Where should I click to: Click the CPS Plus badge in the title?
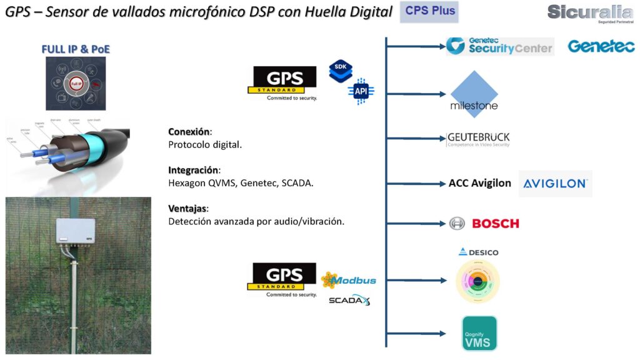pos(431,11)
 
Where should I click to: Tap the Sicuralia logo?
pos(589,12)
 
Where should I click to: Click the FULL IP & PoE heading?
pos(76,49)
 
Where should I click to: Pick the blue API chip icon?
pos(361,91)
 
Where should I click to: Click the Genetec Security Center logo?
pos(500,46)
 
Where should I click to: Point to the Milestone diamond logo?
pos(474,94)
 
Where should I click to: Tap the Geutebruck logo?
pos(479,139)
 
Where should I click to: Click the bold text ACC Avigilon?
pos(479,183)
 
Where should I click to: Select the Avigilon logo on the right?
pos(555,184)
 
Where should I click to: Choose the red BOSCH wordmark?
pos(495,223)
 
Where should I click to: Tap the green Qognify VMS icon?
pos(479,333)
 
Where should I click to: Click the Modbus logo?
pos(349,280)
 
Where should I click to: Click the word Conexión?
pos(189,132)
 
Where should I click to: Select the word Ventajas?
pos(188,208)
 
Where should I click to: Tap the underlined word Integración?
pos(194,170)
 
